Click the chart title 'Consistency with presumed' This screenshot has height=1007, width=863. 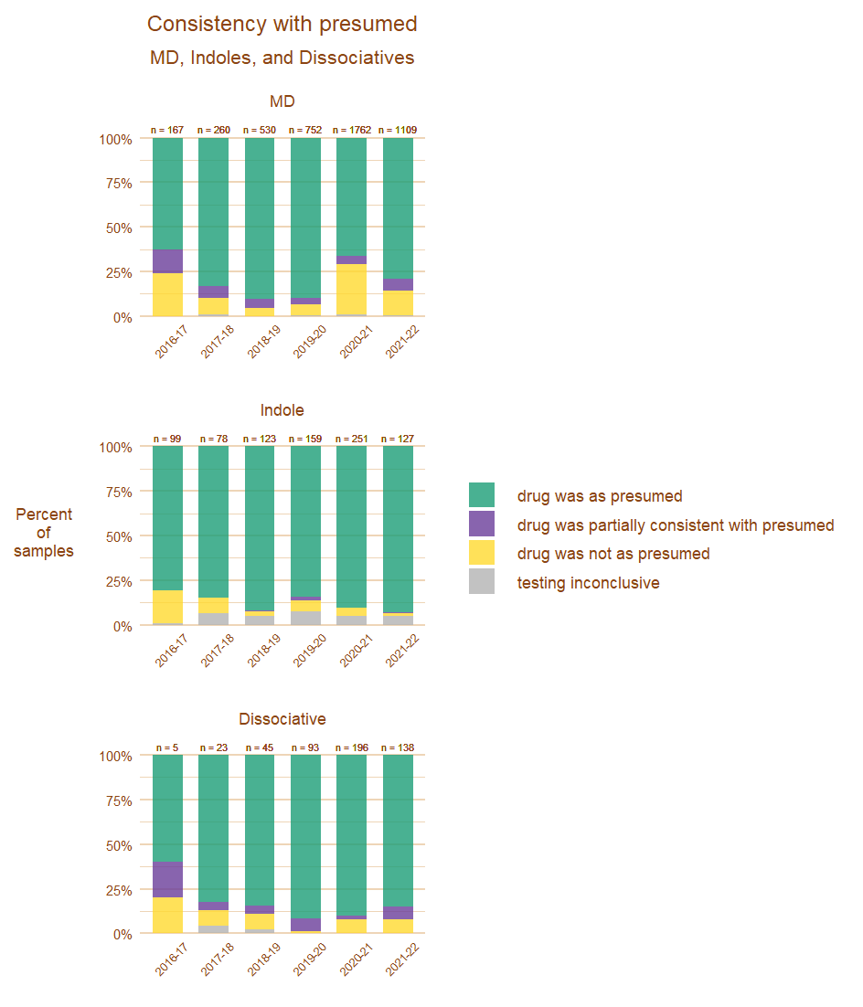(282, 24)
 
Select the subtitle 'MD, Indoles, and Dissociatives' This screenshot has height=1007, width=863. (282, 58)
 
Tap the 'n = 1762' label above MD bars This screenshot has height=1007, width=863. (351, 130)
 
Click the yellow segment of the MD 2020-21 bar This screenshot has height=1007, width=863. (351, 289)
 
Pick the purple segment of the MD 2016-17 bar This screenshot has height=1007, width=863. (167, 261)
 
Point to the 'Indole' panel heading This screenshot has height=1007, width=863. (282, 410)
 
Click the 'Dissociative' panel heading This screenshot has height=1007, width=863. (282, 719)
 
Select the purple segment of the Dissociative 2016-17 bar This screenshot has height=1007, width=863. (167, 879)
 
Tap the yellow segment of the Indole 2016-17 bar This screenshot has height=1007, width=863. (167, 607)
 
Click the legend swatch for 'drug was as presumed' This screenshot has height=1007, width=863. (482, 495)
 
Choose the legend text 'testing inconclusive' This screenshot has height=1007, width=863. (588, 583)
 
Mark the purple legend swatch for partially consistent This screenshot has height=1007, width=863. (482, 524)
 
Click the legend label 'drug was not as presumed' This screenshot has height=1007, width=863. (613, 554)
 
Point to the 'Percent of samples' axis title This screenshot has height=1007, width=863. (44, 533)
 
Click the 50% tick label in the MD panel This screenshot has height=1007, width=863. (117, 228)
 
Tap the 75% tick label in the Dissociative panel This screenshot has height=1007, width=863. (117, 800)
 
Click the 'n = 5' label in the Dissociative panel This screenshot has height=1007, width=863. (167, 747)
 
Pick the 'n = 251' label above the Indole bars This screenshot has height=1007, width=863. (351, 439)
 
